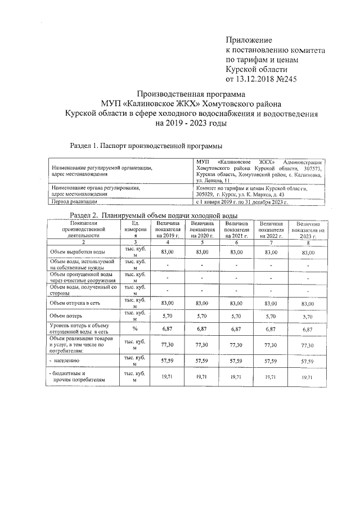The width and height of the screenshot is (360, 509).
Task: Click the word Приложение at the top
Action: pyautogui.click(x=248, y=40)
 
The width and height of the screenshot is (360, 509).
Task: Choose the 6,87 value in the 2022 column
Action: pyautogui.click(x=272, y=329)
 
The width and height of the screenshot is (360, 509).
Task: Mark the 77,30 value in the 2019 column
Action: pyautogui.click(x=166, y=344)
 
